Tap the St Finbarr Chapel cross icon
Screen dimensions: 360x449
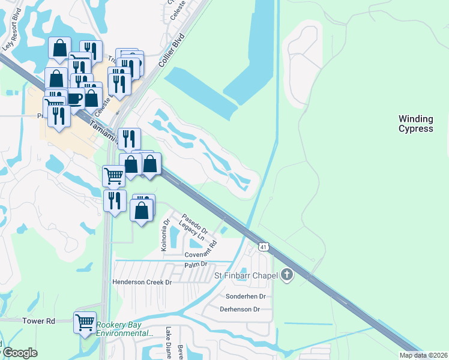coord(287,275)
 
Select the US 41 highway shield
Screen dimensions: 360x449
coord(264,247)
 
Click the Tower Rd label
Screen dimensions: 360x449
coord(39,321)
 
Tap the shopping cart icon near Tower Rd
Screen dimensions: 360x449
coord(85,322)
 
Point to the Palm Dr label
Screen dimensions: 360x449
coord(196,264)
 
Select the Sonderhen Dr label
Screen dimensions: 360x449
coord(245,296)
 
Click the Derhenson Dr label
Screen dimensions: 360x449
coord(239,309)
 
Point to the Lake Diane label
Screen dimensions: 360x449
coord(168,342)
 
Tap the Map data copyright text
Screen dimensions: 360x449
coord(423,355)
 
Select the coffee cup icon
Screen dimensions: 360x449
coord(74,97)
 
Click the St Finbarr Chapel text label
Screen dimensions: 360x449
coord(246,275)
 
